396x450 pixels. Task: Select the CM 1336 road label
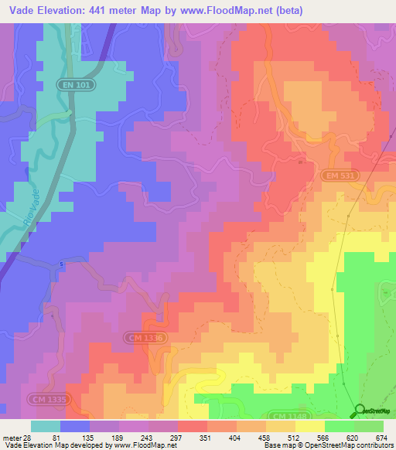[x=144, y=337]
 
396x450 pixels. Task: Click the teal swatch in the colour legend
[x=46, y=426]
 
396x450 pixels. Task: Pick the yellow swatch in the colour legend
[x=309, y=426]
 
